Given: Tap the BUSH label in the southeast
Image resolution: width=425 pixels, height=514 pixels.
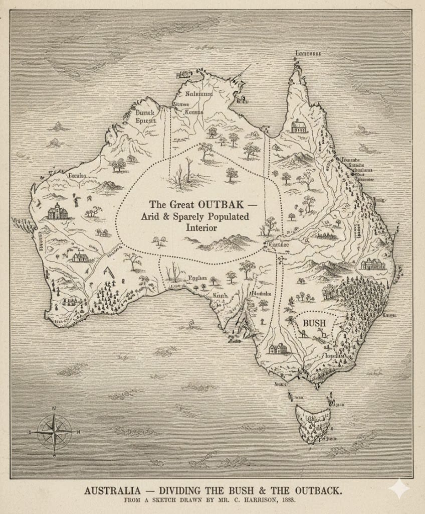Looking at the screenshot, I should [x=314, y=323].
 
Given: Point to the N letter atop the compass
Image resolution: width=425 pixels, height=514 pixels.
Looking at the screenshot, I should [x=54, y=409].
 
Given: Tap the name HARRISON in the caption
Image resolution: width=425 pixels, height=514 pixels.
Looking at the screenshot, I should [x=263, y=500].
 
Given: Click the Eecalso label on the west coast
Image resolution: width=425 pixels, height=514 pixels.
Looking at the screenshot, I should [x=77, y=175].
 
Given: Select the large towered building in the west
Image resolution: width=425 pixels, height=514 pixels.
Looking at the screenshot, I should [x=58, y=211].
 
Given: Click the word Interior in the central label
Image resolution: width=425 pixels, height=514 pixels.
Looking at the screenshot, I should [x=201, y=227].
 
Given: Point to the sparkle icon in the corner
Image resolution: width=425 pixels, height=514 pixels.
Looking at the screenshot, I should [x=399, y=488].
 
